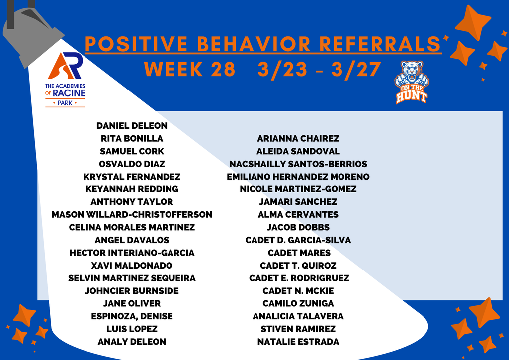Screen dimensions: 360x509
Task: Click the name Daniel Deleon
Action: pyautogui.click(x=132, y=126)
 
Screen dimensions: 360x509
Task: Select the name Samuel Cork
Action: pyautogui.click(x=132, y=151)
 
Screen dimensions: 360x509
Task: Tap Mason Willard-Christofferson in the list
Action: pyautogui.click(x=132, y=215)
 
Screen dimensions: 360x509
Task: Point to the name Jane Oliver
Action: pyautogui.click(x=132, y=303)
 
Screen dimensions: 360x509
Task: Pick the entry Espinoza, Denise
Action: pyautogui.click(x=132, y=316)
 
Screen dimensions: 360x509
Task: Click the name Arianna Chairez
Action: pyautogui.click(x=298, y=139)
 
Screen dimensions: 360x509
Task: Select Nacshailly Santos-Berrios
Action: pyautogui.click(x=298, y=164)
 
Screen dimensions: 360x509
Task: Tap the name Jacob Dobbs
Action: pyautogui.click(x=298, y=228)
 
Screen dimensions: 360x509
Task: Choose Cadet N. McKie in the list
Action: pyautogui.click(x=298, y=291)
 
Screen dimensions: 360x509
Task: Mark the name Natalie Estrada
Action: pyautogui.click(x=298, y=342)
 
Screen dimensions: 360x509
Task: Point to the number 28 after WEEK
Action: pyautogui.click(x=221, y=70)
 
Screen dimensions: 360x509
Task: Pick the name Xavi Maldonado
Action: pyautogui.click(x=132, y=266)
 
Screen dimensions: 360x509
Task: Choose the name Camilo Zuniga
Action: pyautogui.click(x=298, y=303)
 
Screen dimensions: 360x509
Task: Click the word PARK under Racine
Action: pyautogui.click(x=65, y=103)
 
